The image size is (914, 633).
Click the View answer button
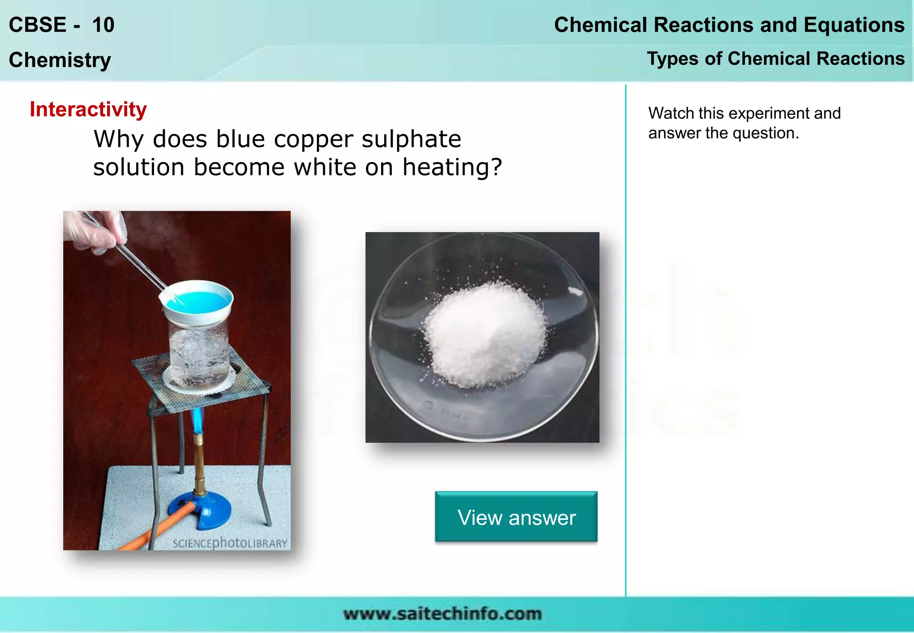pos(516,517)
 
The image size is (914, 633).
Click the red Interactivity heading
pos(88,109)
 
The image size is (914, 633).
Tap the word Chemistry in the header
pos(60,60)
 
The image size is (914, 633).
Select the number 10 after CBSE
pos(103,25)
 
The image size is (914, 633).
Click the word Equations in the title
pos(854,25)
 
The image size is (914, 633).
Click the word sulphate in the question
pos(411,139)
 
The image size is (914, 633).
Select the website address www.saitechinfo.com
pos(442,614)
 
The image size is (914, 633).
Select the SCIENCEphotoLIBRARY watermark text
pos(230,543)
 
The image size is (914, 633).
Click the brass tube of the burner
pos(199,464)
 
